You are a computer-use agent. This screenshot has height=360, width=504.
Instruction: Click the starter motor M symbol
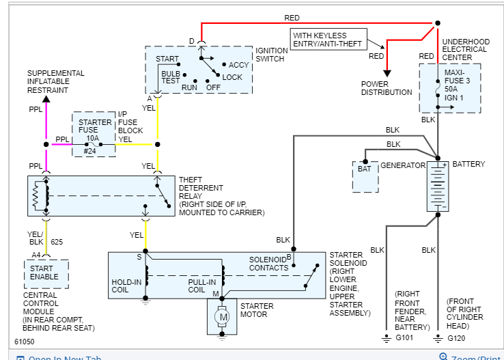(x=221, y=316)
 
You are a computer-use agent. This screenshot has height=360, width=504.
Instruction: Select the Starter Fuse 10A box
(x=94, y=134)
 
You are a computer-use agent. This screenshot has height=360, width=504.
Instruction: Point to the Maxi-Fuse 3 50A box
(x=449, y=88)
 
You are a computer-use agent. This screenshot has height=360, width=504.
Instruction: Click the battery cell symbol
(x=437, y=186)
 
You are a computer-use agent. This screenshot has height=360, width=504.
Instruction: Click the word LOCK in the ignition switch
(x=232, y=77)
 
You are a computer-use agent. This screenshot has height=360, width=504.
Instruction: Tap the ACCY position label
(x=238, y=66)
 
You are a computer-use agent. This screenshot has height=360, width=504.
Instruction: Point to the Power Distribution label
(x=387, y=88)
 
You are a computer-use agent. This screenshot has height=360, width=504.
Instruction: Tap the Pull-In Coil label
(x=201, y=286)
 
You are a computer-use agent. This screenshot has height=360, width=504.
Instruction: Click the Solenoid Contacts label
(x=268, y=264)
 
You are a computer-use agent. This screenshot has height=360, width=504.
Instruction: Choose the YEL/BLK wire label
(x=35, y=238)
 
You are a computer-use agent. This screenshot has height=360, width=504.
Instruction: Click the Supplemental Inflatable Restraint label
(x=56, y=81)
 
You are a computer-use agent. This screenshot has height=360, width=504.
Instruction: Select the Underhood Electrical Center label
(x=465, y=49)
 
